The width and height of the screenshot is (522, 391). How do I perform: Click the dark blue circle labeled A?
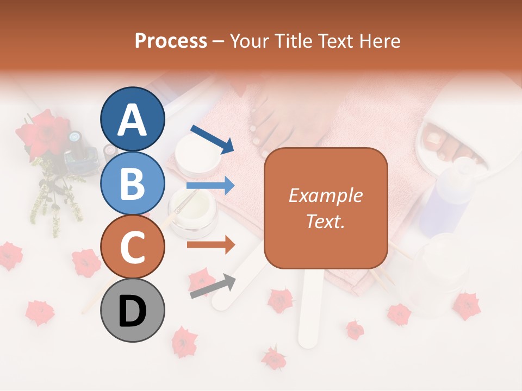click(x=133, y=119)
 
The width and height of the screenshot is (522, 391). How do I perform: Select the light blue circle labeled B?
click(x=133, y=183)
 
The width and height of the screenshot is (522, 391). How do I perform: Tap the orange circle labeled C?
click(x=133, y=247)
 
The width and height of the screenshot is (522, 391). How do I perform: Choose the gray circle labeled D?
click(x=133, y=310)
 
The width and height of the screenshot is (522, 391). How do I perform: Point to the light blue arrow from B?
click(x=210, y=186)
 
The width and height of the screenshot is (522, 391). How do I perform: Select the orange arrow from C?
click(x=210, y=245)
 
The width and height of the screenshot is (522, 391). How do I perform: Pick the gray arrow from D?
click(x=213, y=286)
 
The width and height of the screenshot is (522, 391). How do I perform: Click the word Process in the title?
click(x=171, y=41)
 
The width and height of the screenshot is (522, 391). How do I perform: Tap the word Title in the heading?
click(x=293, y=41)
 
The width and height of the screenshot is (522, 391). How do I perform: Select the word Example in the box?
click(x=326, y=195)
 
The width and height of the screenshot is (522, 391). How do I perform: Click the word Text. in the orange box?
click(x=326, y=221)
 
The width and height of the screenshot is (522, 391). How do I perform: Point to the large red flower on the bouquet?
click(x=42, y=133)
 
